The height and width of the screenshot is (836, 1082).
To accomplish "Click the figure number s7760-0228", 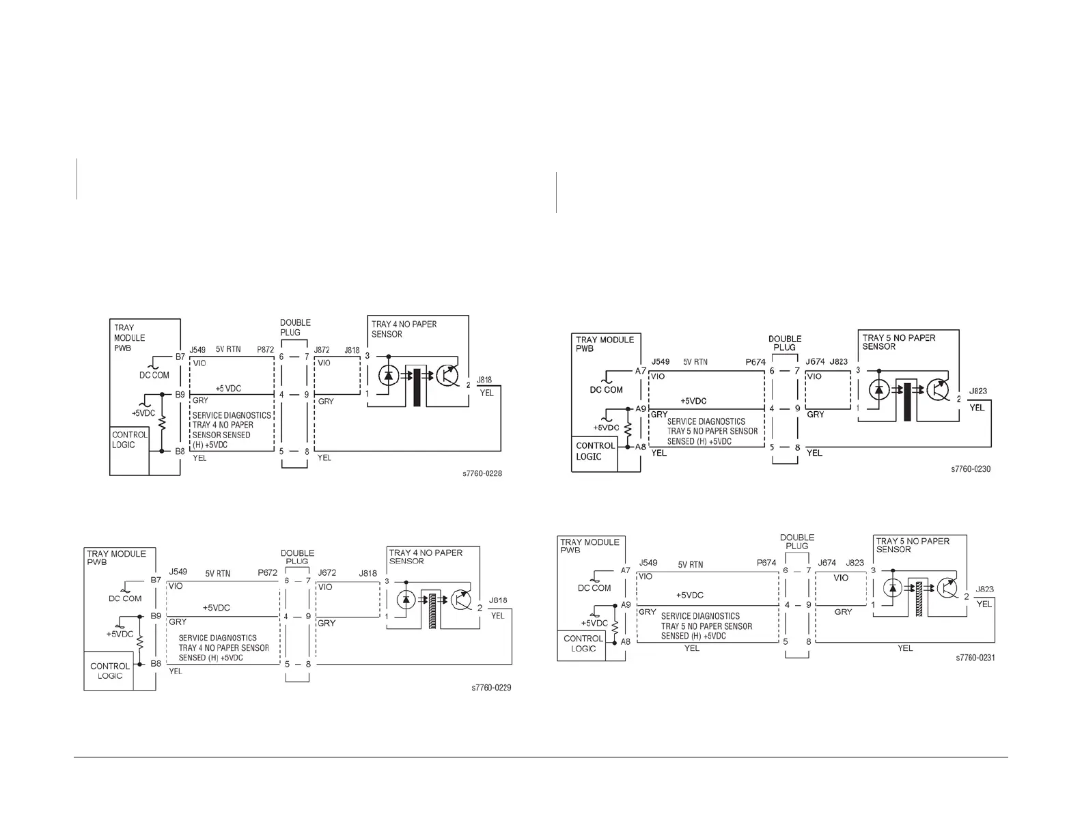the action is coord(482,473).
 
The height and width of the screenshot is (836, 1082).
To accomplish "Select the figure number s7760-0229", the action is coord(491,688).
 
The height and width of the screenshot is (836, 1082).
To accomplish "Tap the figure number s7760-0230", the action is coord(970,469).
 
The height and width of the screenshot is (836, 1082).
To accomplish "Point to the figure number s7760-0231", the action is coord(975,658).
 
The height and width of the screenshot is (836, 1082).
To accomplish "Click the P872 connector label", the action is coord(265,350).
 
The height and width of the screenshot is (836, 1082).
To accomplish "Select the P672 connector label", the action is coord(267,572).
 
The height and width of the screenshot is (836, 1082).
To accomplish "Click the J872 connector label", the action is coord(322,350).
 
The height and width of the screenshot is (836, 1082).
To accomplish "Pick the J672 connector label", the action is coord(327,572).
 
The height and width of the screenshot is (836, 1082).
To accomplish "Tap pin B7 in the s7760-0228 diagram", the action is coord(180,357).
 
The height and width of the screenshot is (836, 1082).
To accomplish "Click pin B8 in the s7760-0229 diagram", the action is coord(156,663).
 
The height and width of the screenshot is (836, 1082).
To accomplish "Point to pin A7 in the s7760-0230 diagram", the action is coord(641,371).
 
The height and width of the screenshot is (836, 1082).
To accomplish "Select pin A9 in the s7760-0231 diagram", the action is coord(626,604).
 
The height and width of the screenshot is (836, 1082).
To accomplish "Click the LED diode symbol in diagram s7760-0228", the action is coord(389,375).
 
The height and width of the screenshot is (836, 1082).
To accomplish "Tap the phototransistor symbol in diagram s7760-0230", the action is coord(939,390).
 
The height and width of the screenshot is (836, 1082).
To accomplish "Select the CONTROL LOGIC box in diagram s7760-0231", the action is coord(583,644).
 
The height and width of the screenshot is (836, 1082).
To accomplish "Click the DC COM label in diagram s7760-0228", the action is coord(154,375).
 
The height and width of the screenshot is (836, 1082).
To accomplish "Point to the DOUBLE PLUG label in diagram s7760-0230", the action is coord(784,343).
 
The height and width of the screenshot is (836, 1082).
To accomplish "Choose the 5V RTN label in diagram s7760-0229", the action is coord(218,574).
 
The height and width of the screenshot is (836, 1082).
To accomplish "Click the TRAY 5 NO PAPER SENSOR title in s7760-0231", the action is coord(913,545).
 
